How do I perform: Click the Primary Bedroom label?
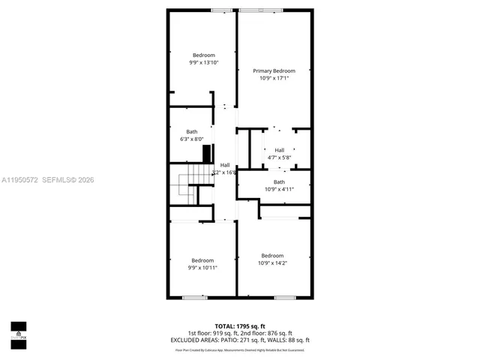pos(273,70)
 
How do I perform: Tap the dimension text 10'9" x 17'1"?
pos(273,77)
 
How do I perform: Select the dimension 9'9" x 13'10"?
pos(203,62)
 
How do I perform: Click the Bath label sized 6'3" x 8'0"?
pos(192,132)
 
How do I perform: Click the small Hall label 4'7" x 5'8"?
pos(279,150)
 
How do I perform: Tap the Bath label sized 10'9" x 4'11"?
pos(279,181)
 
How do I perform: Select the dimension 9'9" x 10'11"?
pos(203,267)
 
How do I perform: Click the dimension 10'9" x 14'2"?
pos(272,262)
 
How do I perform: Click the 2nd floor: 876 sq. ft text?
pos(270,333)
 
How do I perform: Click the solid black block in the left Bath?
pos(208,153)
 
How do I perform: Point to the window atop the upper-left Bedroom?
pos(220,10)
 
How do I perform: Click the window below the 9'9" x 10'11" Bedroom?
pos(194,298)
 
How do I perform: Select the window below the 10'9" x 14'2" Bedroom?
pos(284,298)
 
